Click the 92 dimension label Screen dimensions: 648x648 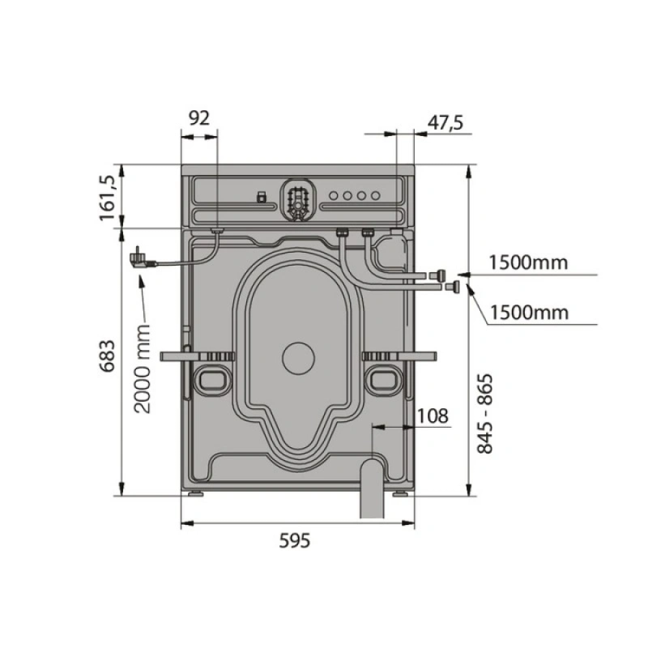coord(199,118)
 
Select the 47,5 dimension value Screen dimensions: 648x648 coord(446,122)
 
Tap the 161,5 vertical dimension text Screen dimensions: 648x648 coord(107,198)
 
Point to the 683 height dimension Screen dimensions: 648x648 coord(107,356)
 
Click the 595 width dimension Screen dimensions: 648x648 coord(294,540)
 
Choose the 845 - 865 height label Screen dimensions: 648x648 coord(485,414)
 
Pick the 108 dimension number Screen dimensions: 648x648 coord(432,416)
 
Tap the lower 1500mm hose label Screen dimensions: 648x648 coord(529,313)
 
